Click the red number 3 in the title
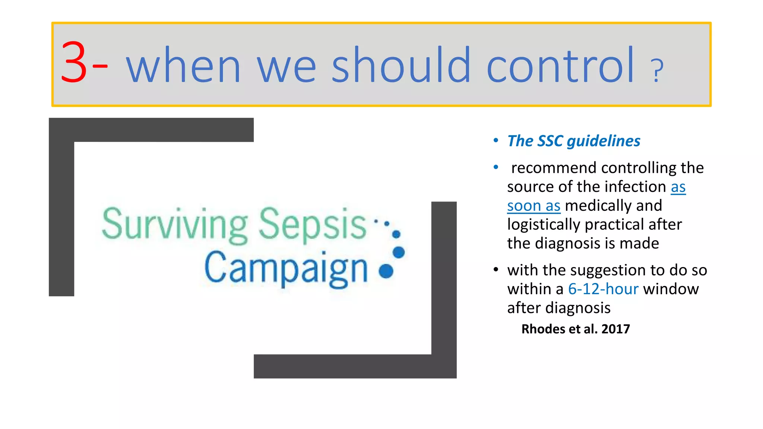[x=74, y=63]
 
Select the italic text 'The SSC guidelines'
[x=574, y=141]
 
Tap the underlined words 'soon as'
[x=534, y=206]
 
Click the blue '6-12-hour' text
[x=603, y=289]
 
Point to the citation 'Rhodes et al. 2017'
[x=575, y=329]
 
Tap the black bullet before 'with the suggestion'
[x=496, y=269]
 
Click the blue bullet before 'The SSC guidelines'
[x=496, y=141]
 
